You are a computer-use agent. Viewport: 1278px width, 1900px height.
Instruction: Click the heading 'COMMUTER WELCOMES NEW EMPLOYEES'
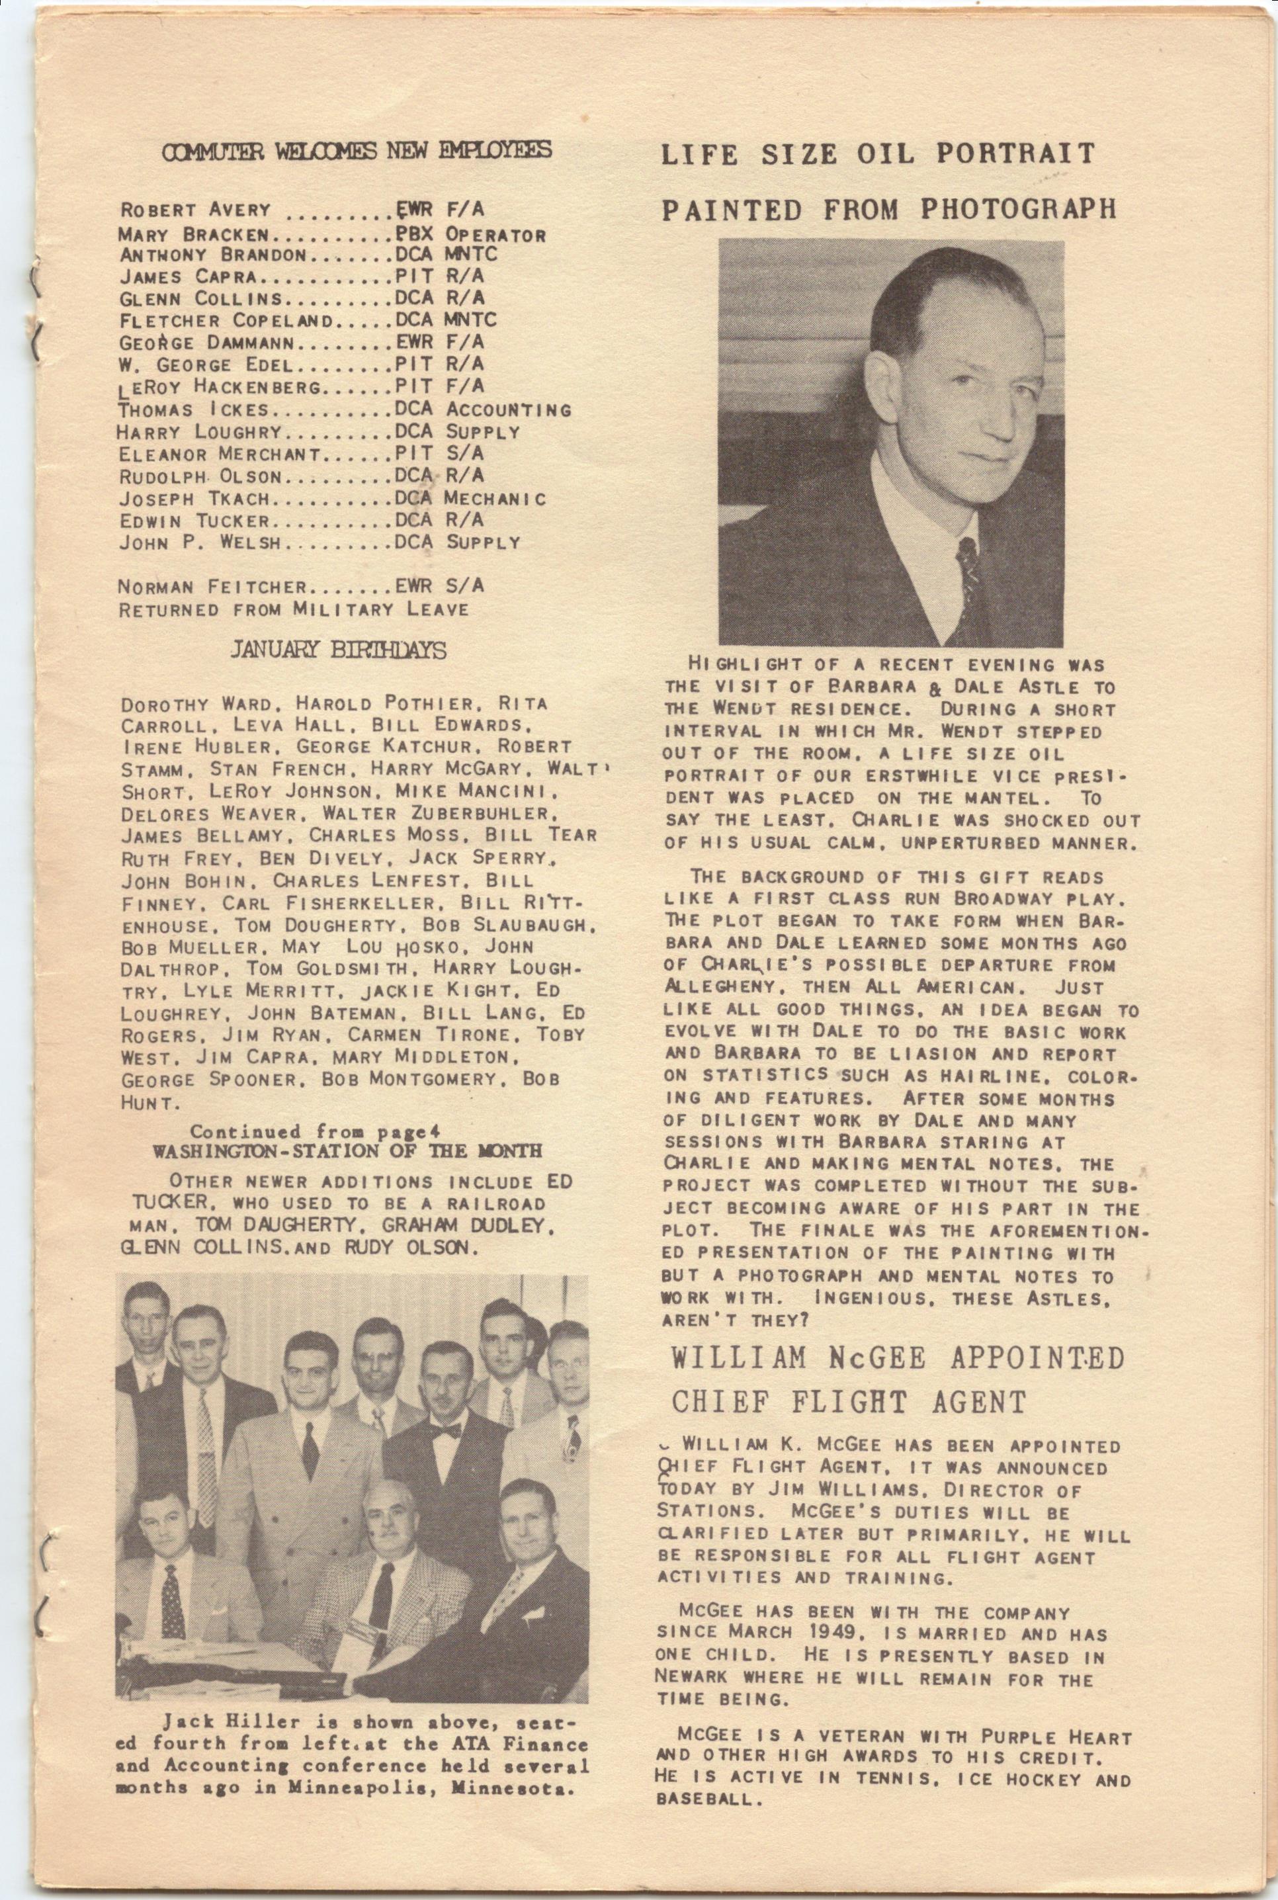[x=357, y=151]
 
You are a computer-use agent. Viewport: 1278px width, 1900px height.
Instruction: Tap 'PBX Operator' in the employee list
[x=470, y=236]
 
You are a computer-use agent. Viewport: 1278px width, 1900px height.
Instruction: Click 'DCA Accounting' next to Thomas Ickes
[x=482, y=410]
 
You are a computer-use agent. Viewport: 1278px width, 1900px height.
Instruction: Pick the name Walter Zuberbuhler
[x=439, y=814]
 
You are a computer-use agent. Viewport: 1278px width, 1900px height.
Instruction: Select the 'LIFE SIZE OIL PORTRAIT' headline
[x=877, y=153]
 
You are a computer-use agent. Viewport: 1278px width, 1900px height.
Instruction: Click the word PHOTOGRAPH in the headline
[x=1018, y=210]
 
